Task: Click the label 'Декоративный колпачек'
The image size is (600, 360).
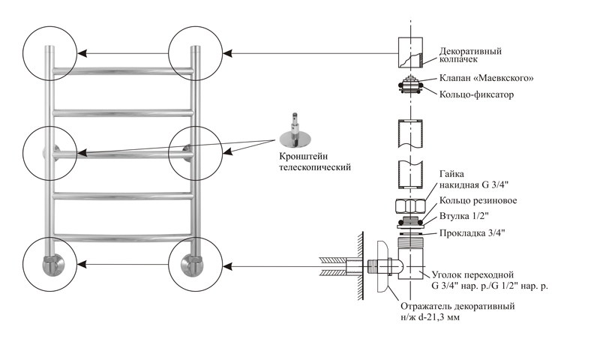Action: point(470,55)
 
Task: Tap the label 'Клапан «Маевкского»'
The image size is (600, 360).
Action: point(486,78)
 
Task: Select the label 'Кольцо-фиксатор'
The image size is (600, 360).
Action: point(476,94)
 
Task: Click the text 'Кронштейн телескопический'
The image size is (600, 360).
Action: point(315,162)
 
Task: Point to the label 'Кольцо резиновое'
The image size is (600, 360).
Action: point(478,200)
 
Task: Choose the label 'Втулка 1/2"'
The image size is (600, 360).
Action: point(464,216)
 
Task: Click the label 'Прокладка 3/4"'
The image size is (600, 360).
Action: point(472,233)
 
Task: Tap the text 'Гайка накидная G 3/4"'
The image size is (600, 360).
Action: point(474,179)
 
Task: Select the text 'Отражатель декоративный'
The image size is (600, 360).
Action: point(457,307)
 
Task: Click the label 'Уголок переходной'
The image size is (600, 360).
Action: point(472,275)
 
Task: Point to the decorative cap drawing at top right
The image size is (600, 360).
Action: point(410,52)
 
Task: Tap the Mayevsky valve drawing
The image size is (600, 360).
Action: point(410,85)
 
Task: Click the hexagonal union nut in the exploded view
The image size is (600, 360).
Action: point(410,206)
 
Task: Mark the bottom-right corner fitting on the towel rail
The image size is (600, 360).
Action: point(190,264)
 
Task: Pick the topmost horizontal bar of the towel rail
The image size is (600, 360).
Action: point(122,70)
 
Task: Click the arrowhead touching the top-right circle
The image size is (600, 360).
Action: point(227,53)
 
